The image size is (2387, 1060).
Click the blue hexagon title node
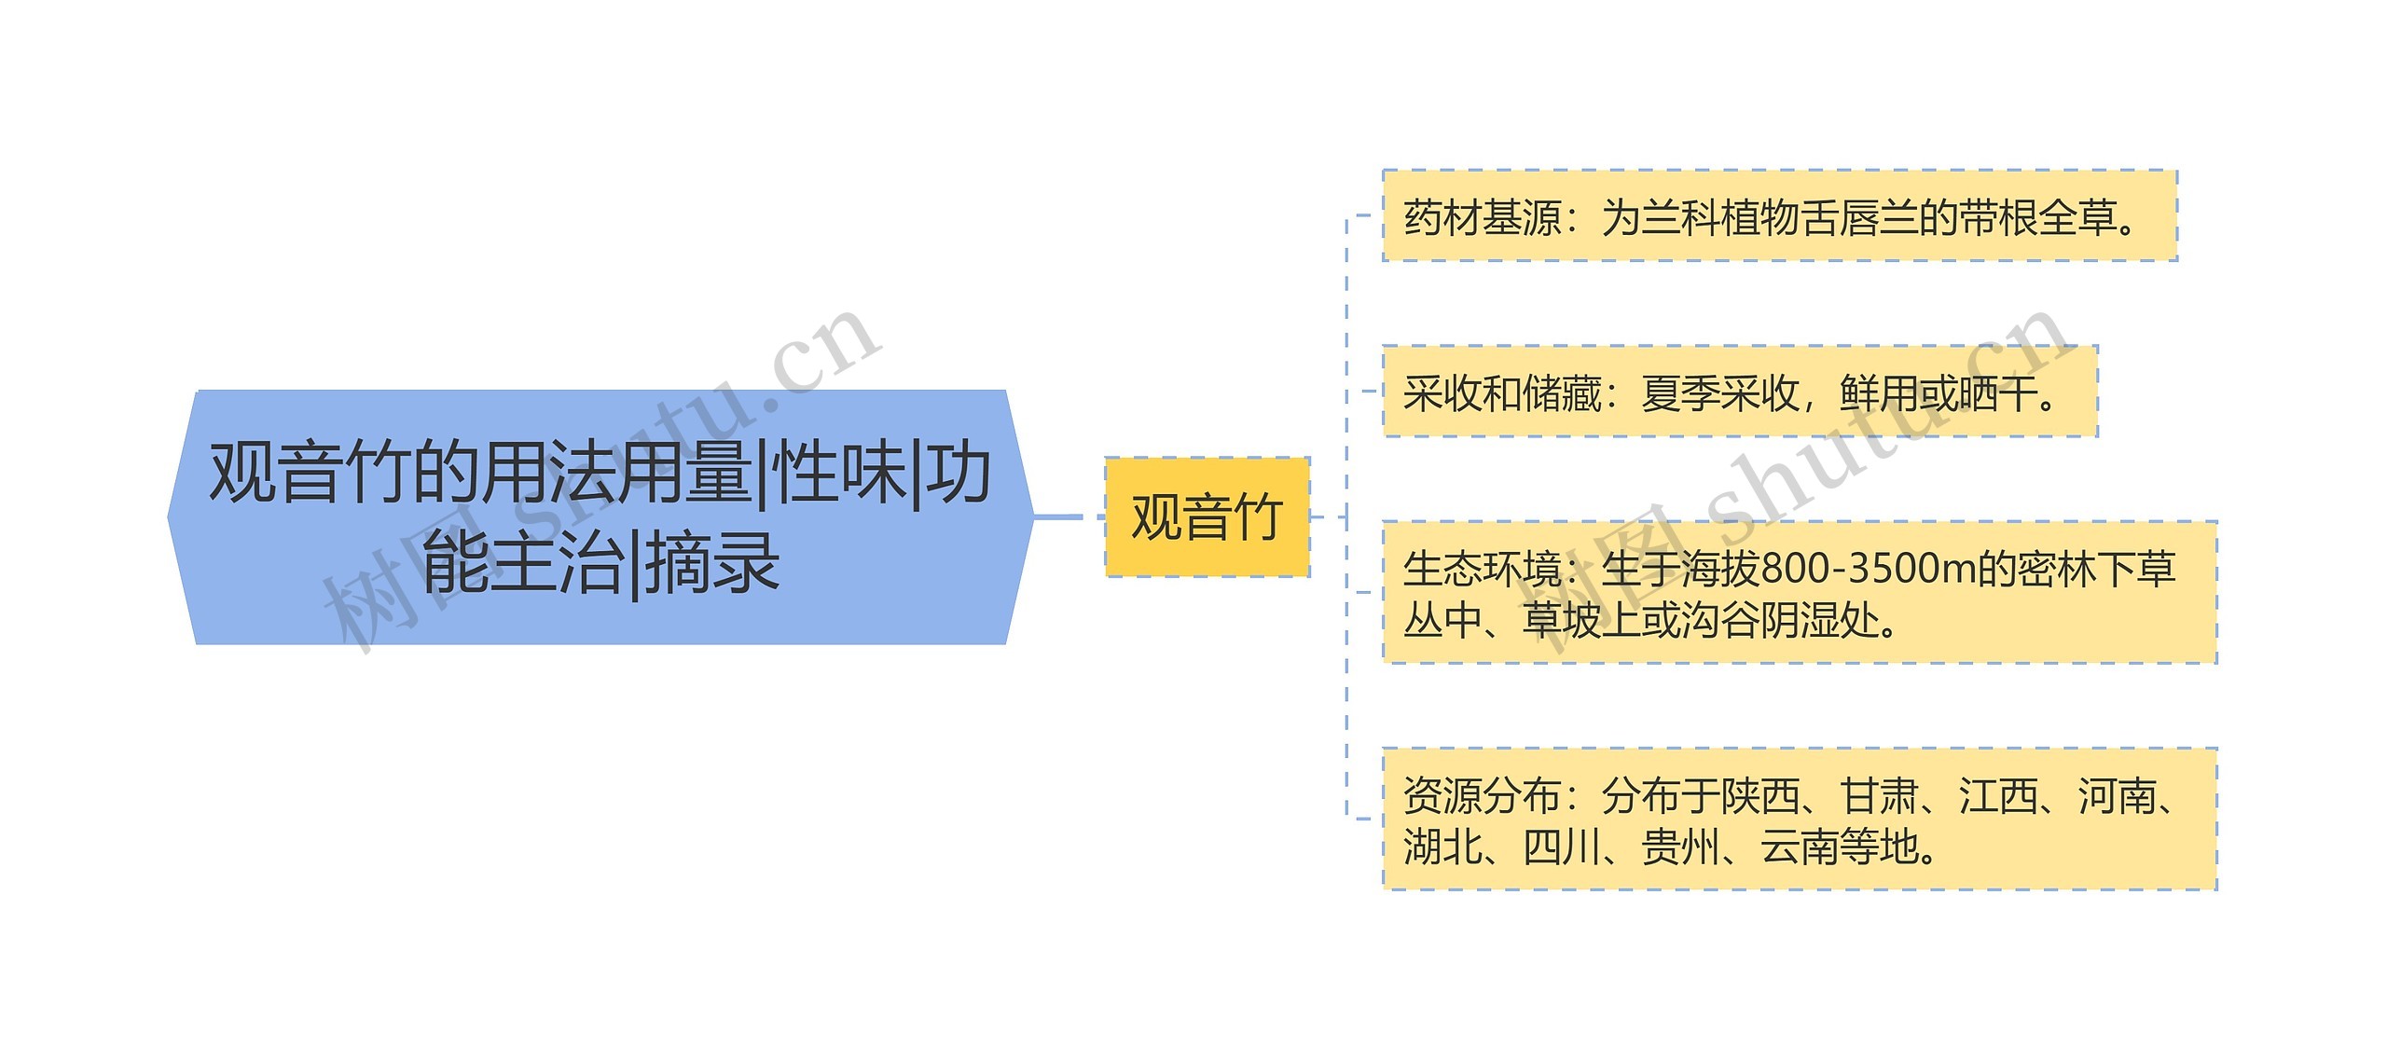tap(600, 517)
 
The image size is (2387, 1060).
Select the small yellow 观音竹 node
tap(1207, 517)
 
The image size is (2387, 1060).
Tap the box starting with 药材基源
tap(1778, 216)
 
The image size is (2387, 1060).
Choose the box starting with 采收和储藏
tap(1739, 392)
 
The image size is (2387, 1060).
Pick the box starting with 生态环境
tap(1799, 593)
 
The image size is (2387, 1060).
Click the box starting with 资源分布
tap(1799, 819)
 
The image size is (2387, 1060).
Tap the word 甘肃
tap(1879, 796)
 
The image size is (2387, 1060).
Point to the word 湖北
tap(1442, 847)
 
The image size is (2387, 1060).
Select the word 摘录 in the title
tap(712, 562)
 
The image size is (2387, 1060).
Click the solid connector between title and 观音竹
tap(1057, 516)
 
